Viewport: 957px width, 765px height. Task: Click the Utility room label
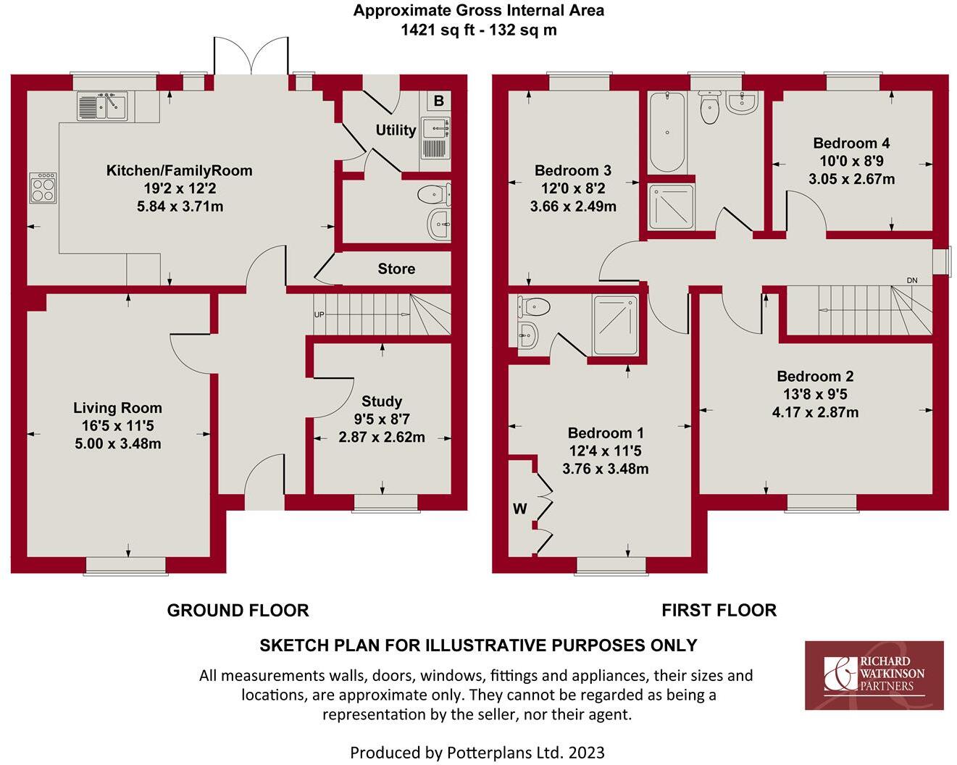click(x=396, y=130)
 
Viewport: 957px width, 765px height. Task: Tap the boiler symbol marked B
click(x=438, y=101)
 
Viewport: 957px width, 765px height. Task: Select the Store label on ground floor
click(x=396, y=269)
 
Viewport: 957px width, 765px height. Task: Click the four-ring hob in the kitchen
click(x=43, y=188)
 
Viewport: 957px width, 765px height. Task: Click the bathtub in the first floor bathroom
click(x=666, y=132)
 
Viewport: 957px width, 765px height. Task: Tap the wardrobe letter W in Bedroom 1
click(x=520, y=509)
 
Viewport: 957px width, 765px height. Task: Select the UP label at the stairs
click(x=319, y=315)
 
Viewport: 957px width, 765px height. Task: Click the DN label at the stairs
click(x=912, y=280)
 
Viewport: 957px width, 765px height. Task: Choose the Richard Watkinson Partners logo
click(x=874, y=675)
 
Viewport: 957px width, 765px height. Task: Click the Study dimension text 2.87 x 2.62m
click(x=382, y=437)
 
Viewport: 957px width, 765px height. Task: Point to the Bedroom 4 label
click(x=851, y=143)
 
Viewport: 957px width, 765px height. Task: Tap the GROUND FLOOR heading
click(x=238, y=611)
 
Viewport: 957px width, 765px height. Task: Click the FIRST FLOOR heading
click(x=719, y=611)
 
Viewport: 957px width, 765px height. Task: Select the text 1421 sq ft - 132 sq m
click(x=478, y=30)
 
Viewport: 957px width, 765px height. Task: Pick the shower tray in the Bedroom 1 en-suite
click(x=616, y=325)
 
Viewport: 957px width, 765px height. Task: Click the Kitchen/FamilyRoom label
click(x=180, y=171)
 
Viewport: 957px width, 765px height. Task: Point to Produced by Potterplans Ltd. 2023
click(x=477, y=753)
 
